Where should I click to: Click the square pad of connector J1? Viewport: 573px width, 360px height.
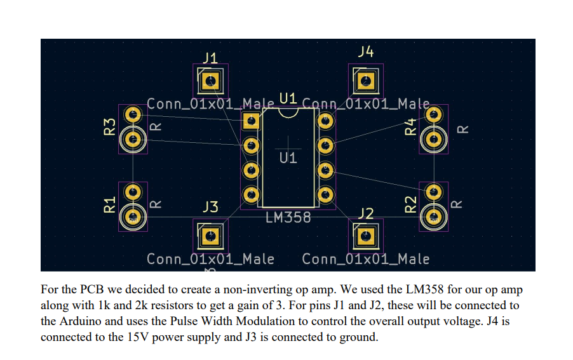pyautogui.click(x=210, y=81)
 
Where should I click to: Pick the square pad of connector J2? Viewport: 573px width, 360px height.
pyautogui.click(x=365, y=236)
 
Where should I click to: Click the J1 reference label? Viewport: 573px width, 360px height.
pyautogui.click(x=210, y=58)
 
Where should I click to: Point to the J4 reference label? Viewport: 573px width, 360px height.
pyautogui.click(x=366, y=52)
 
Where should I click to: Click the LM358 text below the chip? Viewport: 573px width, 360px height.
pyautogui.click(x=288, y=217)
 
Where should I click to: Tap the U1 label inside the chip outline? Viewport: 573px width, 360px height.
pyautogui.click(x=288, y=157)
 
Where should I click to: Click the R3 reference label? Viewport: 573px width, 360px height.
pyautogui.click(x=109, y=126)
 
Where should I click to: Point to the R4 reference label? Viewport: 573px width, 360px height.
pyautogui.click(x=411, y=126)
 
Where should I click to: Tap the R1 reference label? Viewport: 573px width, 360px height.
pyautogui.click(x=109, y=204)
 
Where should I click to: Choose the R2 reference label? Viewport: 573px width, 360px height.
pyautogui.click(x=411, y=204)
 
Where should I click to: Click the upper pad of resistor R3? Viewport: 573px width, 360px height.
pyautogui.click(x=133, y=115)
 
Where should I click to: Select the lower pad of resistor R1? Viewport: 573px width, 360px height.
pyautogui.click(x=133, y=217)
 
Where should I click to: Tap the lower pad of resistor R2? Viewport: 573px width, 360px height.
pyautogui.click(x=435, y=217)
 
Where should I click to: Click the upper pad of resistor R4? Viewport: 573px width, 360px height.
pyautogui.click(x=435, y=115)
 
